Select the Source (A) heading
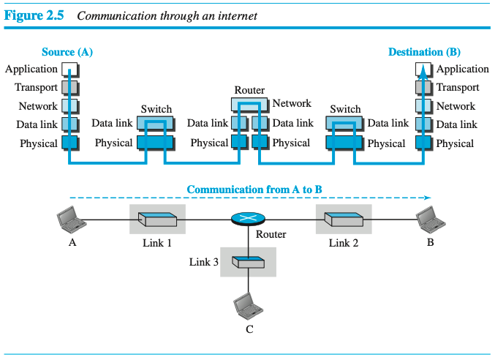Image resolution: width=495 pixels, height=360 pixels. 67,52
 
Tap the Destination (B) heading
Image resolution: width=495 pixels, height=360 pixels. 424,52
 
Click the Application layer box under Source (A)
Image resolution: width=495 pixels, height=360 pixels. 69,70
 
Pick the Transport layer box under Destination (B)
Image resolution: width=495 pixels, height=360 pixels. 424,88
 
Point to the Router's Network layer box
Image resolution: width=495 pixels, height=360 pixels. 249,104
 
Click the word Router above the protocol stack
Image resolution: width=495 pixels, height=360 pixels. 249,90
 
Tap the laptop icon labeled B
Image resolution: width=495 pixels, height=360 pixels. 428,219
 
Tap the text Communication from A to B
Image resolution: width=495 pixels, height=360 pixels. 254,190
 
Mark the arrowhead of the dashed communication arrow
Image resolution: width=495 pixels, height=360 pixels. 428,198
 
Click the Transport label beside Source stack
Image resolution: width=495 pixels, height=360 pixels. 36,88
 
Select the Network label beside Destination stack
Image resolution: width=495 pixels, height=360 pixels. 456,106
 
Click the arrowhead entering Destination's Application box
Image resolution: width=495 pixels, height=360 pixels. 424,68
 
